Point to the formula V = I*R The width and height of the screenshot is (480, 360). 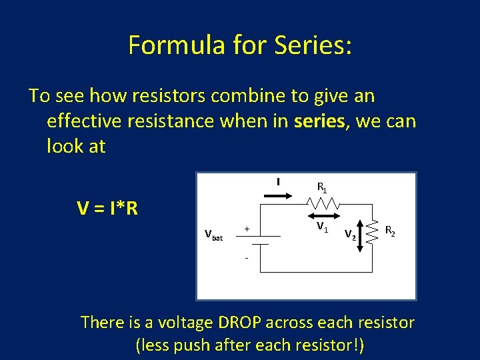[107, 209]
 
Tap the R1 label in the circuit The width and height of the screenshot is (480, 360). [321, 187]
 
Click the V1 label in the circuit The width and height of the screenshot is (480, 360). [322, 229]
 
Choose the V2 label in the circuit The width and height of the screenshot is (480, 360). [349, 234]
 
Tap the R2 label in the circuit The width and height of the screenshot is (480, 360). [391, 231]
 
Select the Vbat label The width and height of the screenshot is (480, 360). [214, 235]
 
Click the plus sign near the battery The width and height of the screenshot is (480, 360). [246, 229]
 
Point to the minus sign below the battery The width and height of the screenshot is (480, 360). [246, 258]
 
